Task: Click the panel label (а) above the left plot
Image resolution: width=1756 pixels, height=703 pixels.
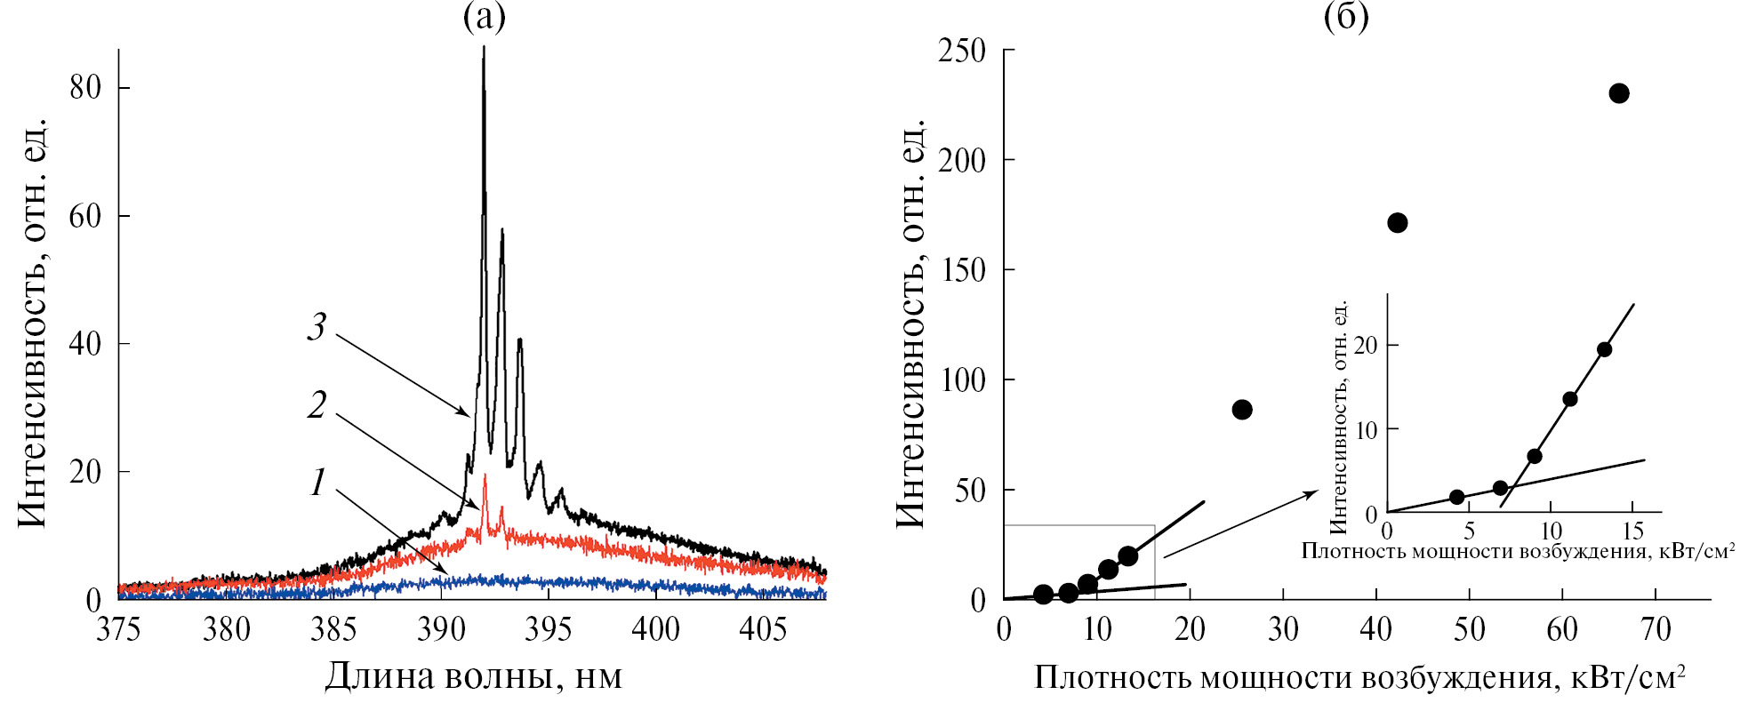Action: pos(484,17)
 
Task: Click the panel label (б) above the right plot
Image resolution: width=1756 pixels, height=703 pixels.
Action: pos(1345,17)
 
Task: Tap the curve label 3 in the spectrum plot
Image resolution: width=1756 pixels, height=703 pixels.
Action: pos(317,326)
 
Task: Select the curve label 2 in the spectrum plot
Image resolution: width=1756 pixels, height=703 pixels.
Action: pos(317,404)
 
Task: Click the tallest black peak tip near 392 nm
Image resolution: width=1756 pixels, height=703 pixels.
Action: pos(484,49)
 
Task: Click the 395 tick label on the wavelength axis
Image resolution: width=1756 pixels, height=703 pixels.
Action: pos(549,629)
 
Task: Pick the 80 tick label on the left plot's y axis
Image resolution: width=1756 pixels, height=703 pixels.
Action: pos(85,87)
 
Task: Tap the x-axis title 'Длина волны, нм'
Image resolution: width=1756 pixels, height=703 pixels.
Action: pos(473,677)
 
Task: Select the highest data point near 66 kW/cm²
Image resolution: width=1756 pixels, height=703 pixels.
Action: pos(1619,93)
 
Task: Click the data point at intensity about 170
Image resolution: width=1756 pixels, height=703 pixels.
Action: pos(1397,223)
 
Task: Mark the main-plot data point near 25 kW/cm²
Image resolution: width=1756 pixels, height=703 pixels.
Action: pos(1242,410)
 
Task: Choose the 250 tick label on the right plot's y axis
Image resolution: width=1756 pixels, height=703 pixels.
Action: pos(962,51)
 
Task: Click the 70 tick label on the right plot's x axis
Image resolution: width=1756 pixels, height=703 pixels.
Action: pos(1656,629)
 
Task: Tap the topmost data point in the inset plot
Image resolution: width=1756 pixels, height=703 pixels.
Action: pos(1604,349)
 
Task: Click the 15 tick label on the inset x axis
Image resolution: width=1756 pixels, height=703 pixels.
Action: pos(1633,531)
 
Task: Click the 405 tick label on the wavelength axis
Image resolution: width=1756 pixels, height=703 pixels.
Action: pos(763,629)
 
